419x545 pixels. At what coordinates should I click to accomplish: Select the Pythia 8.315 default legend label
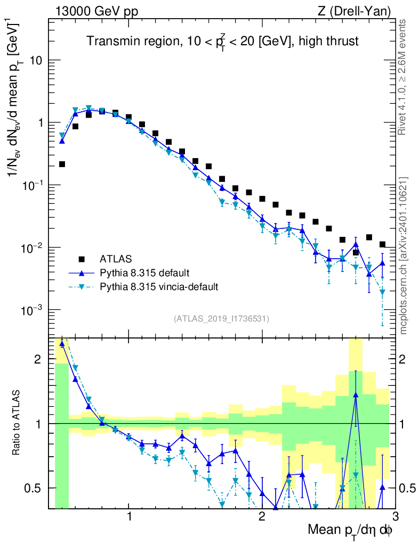[143, 273]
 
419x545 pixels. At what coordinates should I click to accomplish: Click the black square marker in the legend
[82, 259]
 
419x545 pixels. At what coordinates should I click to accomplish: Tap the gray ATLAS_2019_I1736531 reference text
[221, 319]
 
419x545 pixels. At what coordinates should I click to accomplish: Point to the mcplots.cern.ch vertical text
[403, 255]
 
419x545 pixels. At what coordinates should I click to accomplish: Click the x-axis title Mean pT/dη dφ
[350, 530]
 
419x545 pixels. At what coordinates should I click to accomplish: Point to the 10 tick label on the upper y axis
[36, 60]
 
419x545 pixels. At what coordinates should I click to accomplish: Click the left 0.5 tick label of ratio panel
[36, 488]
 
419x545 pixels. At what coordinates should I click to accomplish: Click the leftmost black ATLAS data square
[62, 164]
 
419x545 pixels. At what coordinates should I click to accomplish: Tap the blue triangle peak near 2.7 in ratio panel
[356, 395]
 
